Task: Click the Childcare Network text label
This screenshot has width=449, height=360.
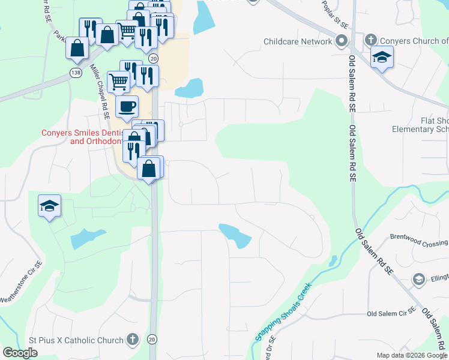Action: (x=298, y=41)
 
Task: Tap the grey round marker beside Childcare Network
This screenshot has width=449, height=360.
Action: (x=342, y=41)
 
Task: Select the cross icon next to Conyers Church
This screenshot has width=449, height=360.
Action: (x=371, y=41)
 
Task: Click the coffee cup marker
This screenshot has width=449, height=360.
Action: (x=127, y=107)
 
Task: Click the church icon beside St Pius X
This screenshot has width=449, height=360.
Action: (x=132, y=340)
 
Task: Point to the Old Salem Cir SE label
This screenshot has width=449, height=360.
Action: (x=391, y=313)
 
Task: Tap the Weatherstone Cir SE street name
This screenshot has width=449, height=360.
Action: (x=20, y=282)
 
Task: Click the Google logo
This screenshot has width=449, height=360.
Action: (x=20, y=353)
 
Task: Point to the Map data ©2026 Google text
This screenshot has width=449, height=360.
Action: (x=412, y=355)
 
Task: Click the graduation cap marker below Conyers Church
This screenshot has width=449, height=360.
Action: (x=382, y=58)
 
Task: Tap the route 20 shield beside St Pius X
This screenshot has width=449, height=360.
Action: (x=152, y=340)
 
